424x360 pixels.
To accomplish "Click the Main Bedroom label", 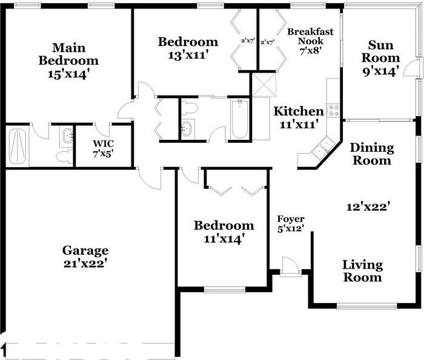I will click(x=68, y=54).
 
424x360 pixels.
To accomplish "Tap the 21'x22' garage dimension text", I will click(x=85, y=263).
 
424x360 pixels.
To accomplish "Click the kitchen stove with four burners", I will click(x=333, y=110).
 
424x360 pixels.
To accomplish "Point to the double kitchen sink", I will click(x=324, y=145).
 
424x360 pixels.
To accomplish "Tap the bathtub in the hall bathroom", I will click(x=240, y=119).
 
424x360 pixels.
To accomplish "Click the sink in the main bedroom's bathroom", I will click(x=67, y=136).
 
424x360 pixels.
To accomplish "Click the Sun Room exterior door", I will click(x=415, y=68).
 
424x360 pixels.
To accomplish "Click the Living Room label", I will click(x=362, y=271).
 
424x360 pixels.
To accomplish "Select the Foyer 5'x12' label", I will click(x=290, y=223).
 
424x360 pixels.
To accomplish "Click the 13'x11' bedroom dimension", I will click(x=188, y=55).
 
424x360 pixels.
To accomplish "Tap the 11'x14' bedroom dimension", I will click(x=224, y=239).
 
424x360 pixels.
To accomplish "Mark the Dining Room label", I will click(x=371, y=154).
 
